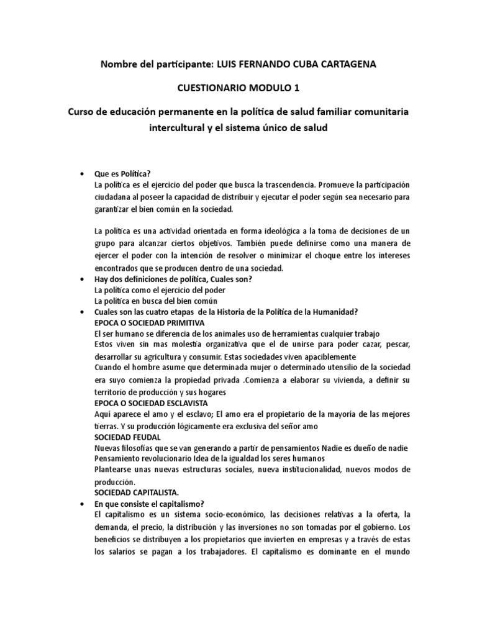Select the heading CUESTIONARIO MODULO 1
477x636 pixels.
(x=238, y=89)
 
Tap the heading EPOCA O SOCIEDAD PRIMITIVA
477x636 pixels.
(x=148, y=323)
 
